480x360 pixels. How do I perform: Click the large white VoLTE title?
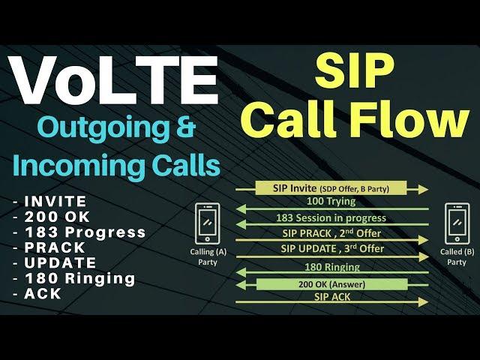pyautogui.click(x=113, y=80)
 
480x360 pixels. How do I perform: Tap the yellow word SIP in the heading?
pyautogui.click(x=354, y=71)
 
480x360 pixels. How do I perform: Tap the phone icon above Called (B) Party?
pyautogui.click(x=457, y=223)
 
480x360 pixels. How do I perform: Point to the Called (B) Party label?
pyautogui.click(x=457, y=256)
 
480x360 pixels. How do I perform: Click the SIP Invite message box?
pyautogui.click(x=331, y=188)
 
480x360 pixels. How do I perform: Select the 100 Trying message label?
pyautogui.click(x=331, y=202)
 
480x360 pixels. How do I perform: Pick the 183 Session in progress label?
pyautogui.click(x=331, y=218)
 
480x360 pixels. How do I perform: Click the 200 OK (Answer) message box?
pyautogui.click(x=331, y=284)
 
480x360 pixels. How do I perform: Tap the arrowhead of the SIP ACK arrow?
pyautogui.click(x=423, y=302)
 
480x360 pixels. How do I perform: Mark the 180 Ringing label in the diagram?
pyautogui.click(x=332, y=267)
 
